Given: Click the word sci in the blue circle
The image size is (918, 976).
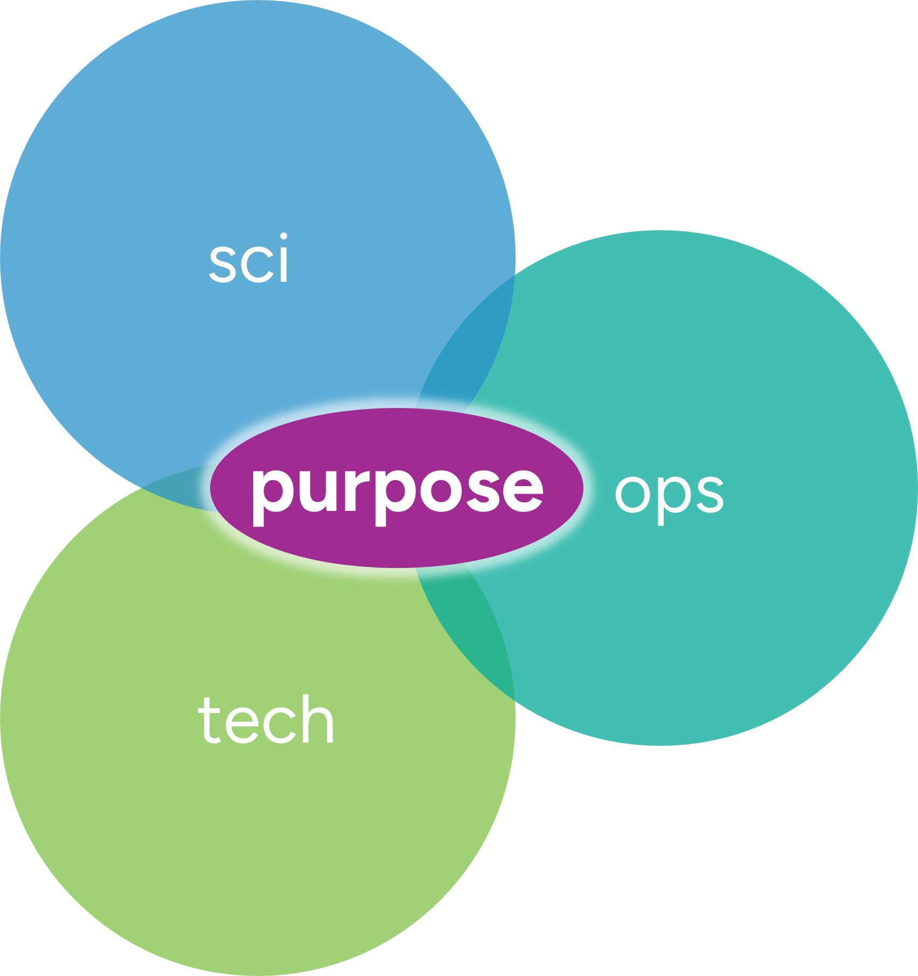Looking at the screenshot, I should pyautogui.click(x=249, y=259).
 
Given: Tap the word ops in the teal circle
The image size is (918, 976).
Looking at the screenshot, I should pyautogui.click(x=669, y=493).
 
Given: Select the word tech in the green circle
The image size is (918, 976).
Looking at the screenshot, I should pyautogui.click(x=266, y=719).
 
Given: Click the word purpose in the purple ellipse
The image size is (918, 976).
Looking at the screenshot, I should pyautogui.click(x=397, y=489).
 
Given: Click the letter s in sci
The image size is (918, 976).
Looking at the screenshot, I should pyautogui.click(x=223, y=264).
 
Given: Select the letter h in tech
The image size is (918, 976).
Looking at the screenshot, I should pyautogui.click(x=318, y=719).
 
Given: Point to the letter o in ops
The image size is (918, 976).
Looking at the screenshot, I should pyautogui.click(x=631, y=493).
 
